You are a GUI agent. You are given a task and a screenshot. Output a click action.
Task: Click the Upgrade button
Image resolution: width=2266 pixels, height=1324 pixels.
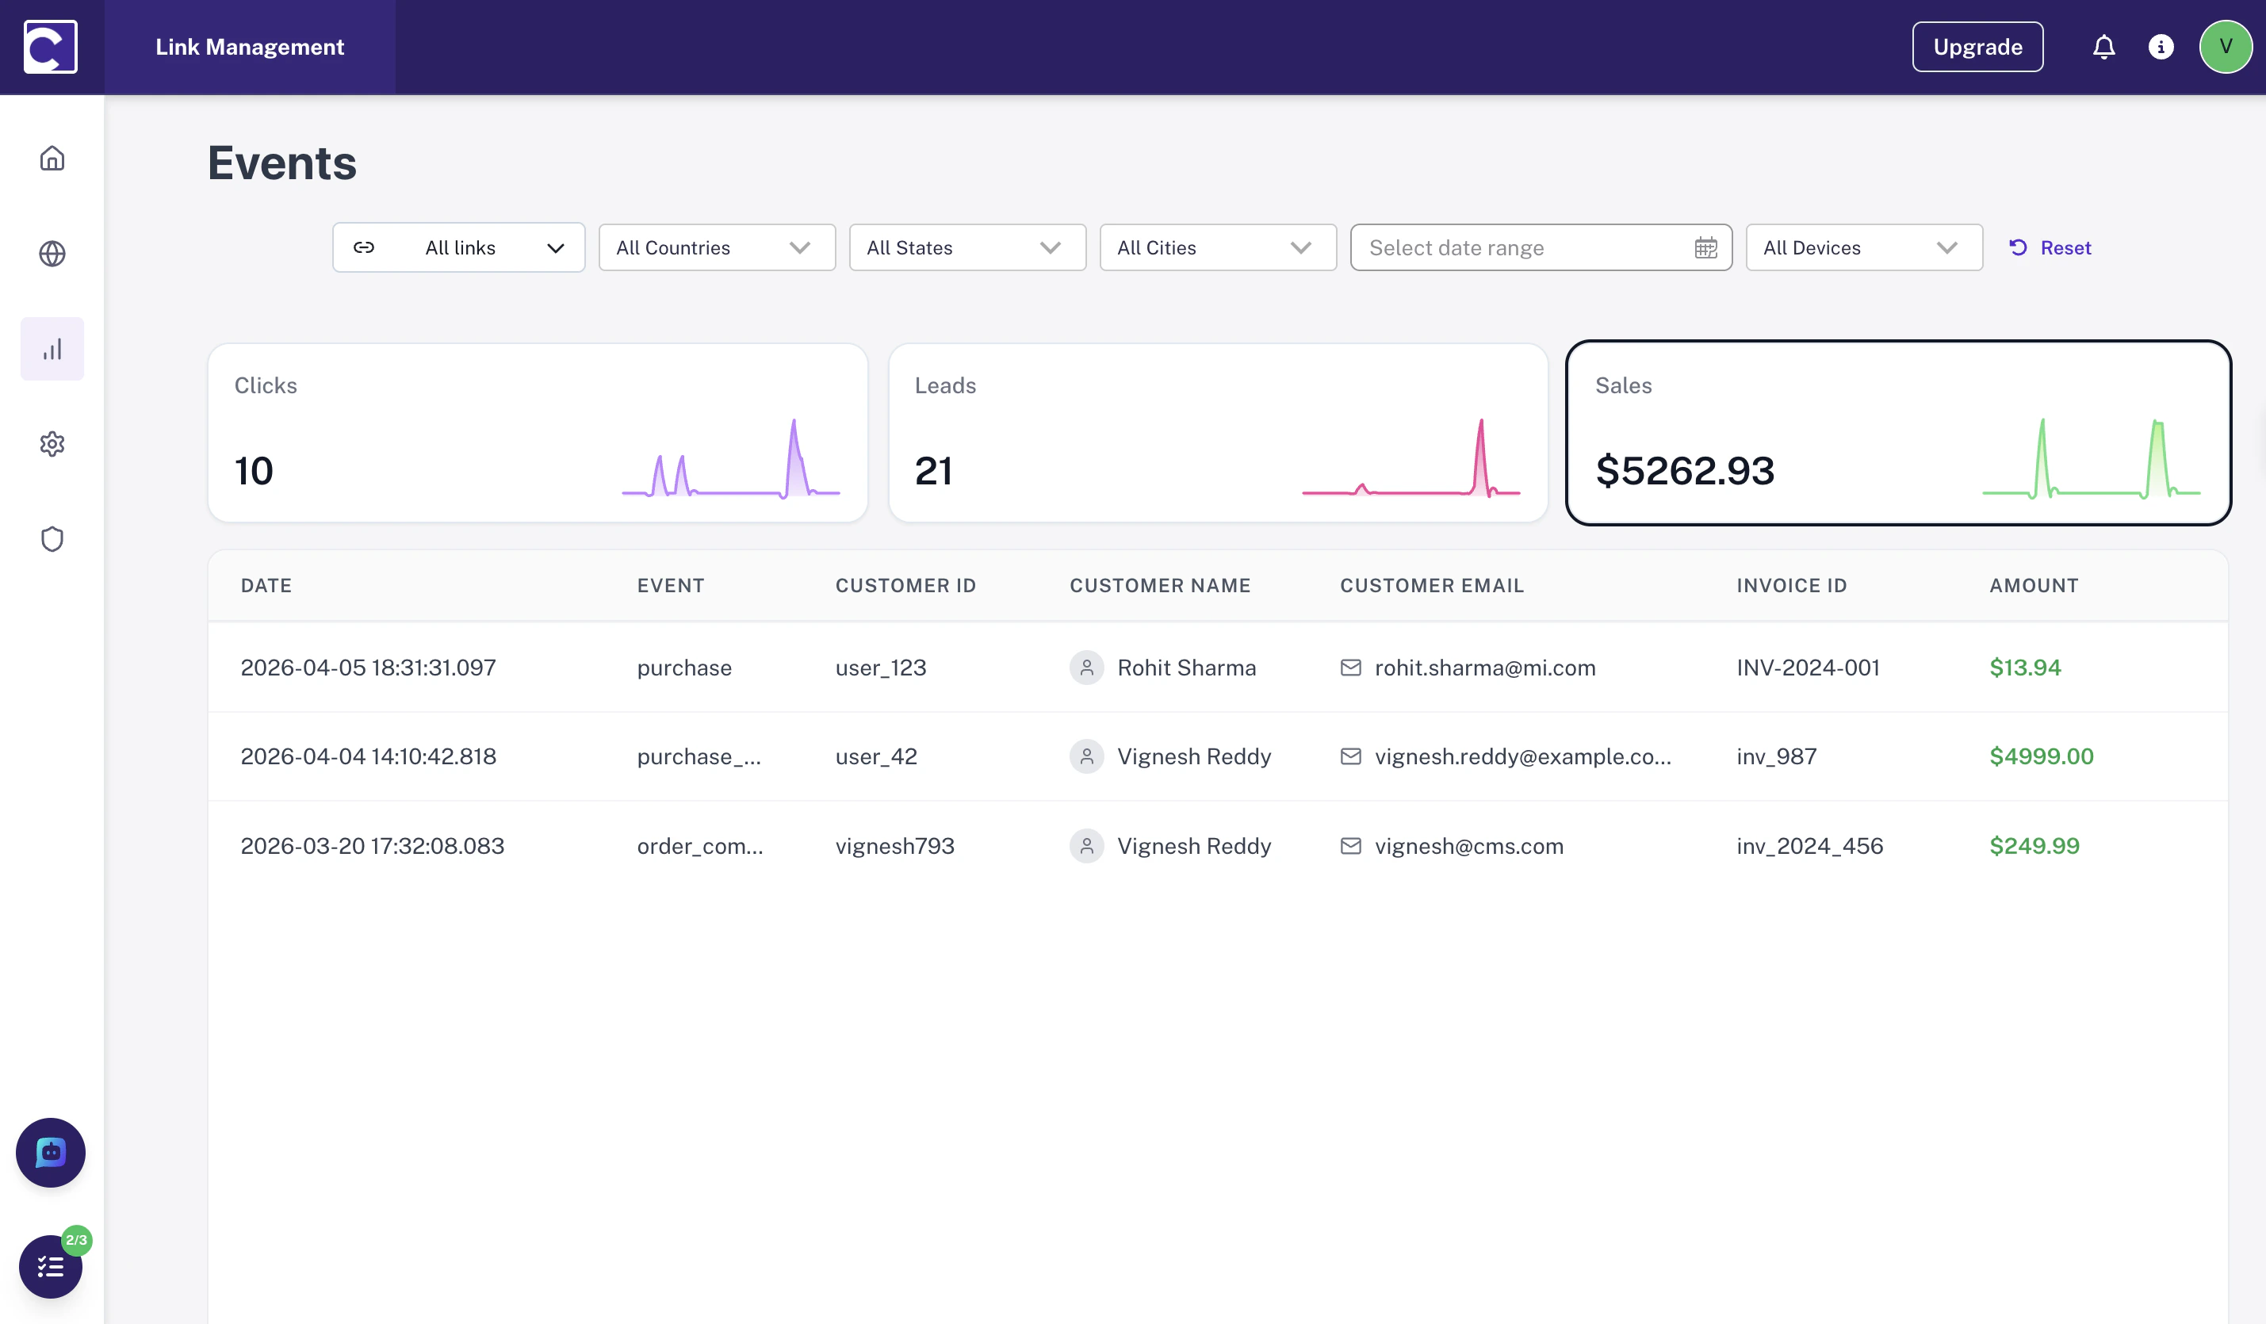coord(1977,47)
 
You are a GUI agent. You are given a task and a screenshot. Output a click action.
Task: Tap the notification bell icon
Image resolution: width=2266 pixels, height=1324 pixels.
coord(2103,47)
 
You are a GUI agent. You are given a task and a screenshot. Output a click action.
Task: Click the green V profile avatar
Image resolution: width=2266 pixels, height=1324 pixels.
coord(2225,47)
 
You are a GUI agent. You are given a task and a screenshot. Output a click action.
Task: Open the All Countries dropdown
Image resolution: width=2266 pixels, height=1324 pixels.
coord(716,247)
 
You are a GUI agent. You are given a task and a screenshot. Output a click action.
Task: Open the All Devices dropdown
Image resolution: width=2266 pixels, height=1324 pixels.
coord(1863,247)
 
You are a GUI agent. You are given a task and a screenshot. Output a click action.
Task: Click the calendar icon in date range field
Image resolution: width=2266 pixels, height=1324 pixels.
coord(1705,247)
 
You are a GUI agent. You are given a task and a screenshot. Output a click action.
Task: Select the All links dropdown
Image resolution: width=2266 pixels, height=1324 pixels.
coord(458,247)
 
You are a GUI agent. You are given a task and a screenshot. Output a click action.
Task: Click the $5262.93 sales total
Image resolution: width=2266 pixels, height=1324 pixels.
coord(1684,470)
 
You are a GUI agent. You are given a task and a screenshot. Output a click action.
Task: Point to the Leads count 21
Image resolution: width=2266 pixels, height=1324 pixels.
coord(933,470)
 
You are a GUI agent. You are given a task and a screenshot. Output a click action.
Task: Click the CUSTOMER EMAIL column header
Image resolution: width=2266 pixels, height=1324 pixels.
coord(1432,586)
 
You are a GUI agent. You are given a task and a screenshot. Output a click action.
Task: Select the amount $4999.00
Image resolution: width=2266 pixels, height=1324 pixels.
coord(2041,756)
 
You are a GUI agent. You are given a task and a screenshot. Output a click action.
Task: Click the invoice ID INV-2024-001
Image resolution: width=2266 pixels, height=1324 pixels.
coord(1808,668)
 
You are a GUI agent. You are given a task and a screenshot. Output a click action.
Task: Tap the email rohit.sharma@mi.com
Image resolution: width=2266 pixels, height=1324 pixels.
coord(1484,668)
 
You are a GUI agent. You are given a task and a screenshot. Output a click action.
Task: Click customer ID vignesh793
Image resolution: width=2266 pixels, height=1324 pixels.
coord(894,845)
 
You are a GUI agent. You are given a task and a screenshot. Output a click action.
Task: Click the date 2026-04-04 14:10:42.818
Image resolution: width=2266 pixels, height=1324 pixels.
coord(369,756)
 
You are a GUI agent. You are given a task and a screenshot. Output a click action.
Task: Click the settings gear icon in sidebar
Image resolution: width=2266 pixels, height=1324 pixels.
coord(52,443)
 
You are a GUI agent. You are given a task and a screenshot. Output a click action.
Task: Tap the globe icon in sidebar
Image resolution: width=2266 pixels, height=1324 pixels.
coord(52,254)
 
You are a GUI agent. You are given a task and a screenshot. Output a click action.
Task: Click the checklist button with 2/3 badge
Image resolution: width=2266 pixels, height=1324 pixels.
coord(51,1266)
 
